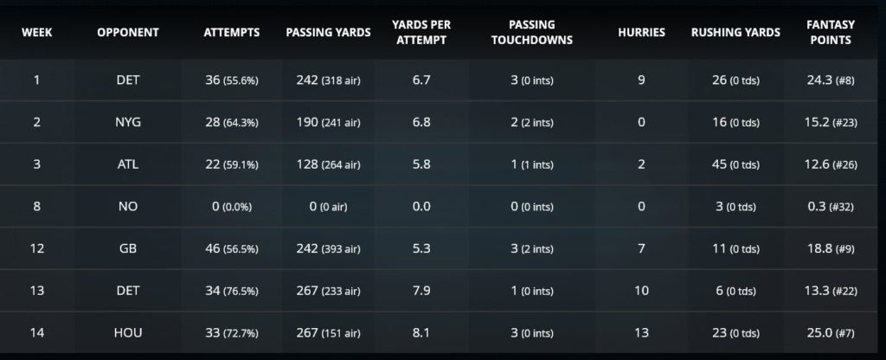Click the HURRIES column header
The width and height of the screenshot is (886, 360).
point(641,32)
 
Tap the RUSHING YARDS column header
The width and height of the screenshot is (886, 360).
point(735,32)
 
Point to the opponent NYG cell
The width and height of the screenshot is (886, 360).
point(127,122)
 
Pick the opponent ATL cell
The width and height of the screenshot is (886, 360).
point(127,164)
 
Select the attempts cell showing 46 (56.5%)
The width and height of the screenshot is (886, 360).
point(233,248)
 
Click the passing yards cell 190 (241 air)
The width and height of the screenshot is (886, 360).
point(328,122)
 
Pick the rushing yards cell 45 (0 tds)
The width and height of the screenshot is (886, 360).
point(735,164)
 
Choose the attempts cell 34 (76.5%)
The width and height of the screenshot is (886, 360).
point(233,291)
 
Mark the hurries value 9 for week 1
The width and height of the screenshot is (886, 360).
point(641,80)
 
